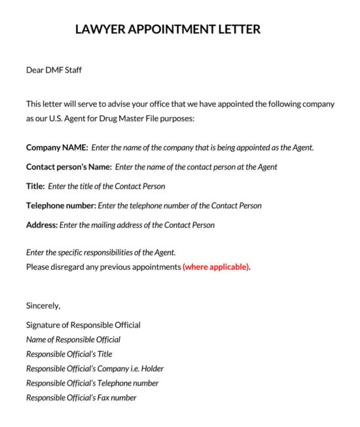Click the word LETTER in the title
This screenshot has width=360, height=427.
pyautogui.click(x=238, y=29)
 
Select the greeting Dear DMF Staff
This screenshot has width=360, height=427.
pyautogui.click(x=54, y=69)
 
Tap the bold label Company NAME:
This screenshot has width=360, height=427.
pyautogui.click(x=57, y=147)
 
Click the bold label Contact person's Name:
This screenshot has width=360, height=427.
pyautogui.click(x=69, y=167)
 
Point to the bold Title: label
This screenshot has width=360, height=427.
pyautogui.click(x=35, y=187)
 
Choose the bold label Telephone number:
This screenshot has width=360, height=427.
pyautogui.click(x=61, y=206)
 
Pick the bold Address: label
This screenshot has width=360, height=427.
pyautogui.click(x=42, y=225)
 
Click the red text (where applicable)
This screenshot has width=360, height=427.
pyautogui.click(x=216, y=267)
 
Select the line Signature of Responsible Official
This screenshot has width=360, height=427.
pyautogui.click(x=83, y=325)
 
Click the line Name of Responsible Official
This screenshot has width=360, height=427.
pyautogui.click(x=73, y=340)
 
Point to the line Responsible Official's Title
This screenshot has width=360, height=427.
pyautogui.click(x=69, y=354)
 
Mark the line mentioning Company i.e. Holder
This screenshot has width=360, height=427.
pyautogui.click(x=95, y=369)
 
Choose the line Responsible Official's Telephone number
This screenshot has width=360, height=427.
pyautogui.click(x=92, y=383)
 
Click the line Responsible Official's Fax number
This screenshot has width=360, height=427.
pyautogui.click(x=81, y=398)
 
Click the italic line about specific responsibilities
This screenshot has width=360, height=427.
pyautogui.click(x=101, y=252)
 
